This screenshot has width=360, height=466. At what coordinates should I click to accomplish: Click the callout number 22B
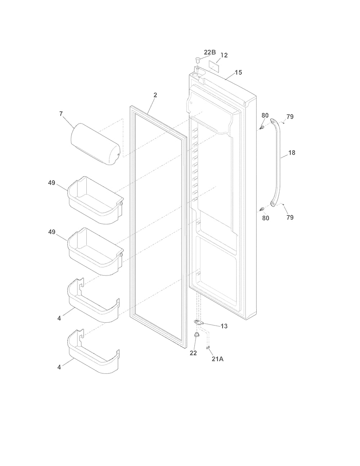click(x=210, y=52)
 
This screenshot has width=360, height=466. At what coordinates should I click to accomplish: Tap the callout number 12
click(x=224, y=55)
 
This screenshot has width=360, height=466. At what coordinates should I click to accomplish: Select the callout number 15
click(x=238, y=72)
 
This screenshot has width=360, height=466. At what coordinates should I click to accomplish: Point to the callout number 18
click(x=292, y=153)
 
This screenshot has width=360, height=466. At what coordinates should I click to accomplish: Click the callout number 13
click(x=224, y=326)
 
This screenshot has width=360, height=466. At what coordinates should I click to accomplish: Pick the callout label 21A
click(x=217, y=359)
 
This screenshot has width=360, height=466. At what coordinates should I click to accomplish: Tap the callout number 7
click(x=61, y=114)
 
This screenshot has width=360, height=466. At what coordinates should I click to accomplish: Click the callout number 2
click(x=155, y=95)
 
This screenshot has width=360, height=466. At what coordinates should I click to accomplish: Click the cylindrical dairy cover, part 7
click(x=95, y=144)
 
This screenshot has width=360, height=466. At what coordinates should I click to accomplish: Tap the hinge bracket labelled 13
click(x=199, y=322)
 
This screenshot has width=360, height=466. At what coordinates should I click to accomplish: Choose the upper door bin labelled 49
click(x=95, y=200)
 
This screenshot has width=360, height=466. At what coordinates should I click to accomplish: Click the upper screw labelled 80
click(x=261, y=128)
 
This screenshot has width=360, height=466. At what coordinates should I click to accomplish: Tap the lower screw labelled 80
click(x=261, y=209)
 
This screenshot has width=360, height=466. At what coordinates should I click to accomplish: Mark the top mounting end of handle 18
click(x=273, y=122)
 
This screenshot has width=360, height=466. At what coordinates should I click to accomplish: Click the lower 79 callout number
click(x=290, y=218)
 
